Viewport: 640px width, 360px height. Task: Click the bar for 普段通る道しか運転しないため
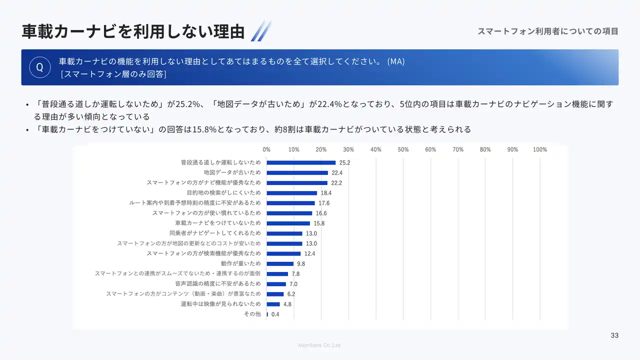click(301, 162)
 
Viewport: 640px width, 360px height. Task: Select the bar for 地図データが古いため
click(297, 172)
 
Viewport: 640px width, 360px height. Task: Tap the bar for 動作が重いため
click(280, 263)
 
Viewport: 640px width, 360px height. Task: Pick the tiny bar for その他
click(267, 314)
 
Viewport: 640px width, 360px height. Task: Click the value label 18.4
click(326, 193)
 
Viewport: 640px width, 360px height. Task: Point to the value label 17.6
click(324, 203)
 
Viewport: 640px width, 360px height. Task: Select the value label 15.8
click(319, 223)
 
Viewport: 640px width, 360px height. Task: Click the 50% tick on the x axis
click(403, 149)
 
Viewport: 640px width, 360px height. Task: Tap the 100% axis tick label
click(540, 149)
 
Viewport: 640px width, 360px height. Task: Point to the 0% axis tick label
click(266, 149)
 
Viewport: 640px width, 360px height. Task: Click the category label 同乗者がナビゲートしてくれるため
click(215, 233)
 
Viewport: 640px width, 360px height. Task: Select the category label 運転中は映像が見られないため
click(220, 304)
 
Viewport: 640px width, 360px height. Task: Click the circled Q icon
click(39, 67)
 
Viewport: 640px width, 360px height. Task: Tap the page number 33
click(614, 335)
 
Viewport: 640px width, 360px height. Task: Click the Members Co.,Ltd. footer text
click(319, 345)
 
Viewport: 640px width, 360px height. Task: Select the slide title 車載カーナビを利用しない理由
click(133, 31)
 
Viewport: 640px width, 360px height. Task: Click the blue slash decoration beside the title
click(260, 31)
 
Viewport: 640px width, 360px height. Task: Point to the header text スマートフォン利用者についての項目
click(547, 31)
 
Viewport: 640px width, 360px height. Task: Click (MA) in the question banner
click(396, 61)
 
